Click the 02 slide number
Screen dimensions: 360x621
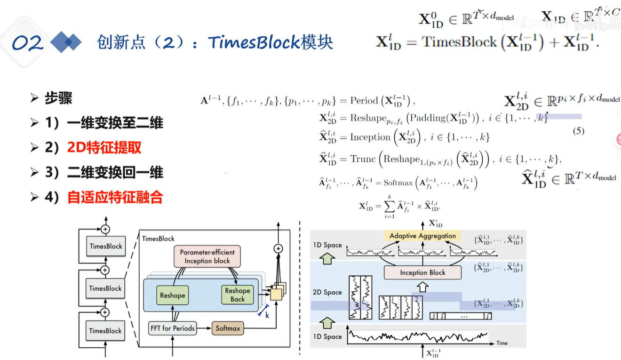click(27, 43)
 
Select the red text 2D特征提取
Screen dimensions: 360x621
click(104, 148)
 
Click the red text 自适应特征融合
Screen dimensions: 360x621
click(115, 197)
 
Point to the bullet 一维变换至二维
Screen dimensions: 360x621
click(115, 123)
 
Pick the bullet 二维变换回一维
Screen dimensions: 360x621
click(115, 173)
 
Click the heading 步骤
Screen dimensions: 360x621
click(58, 98)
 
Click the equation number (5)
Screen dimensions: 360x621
click(578, 131)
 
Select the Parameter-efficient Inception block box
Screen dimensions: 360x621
click(207, 256)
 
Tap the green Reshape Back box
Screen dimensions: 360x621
click(238, 295)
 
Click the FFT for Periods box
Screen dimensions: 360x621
click(172, 328)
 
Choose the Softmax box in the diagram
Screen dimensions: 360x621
click(228, 328)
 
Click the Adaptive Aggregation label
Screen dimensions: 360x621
click(423, 236)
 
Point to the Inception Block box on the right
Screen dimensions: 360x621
click(422, 272)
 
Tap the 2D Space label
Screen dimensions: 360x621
click(327, 292)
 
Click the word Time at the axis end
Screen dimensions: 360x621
click(502, 343)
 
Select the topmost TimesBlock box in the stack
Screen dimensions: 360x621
click(106, 246)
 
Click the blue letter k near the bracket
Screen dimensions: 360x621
click(267, 315)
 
